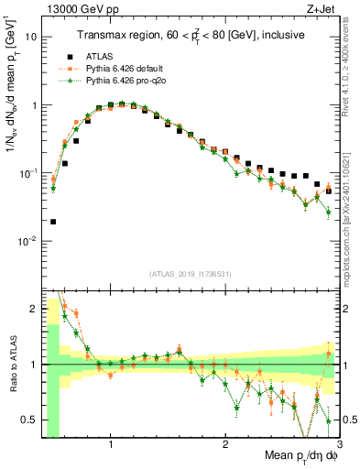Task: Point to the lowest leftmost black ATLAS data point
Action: [x=53, y=221]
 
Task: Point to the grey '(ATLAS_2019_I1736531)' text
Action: [x=190, y=274]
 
